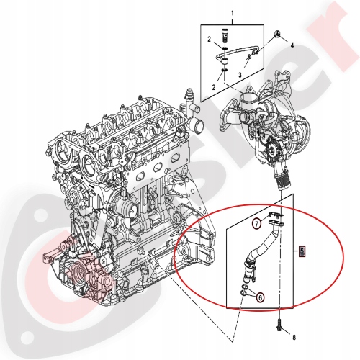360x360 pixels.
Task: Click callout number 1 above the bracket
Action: point(232,13)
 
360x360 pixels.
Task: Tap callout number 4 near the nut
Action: point(292,45)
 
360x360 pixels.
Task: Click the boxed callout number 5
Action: point(302,252)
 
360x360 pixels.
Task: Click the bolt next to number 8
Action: point(279,325)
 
